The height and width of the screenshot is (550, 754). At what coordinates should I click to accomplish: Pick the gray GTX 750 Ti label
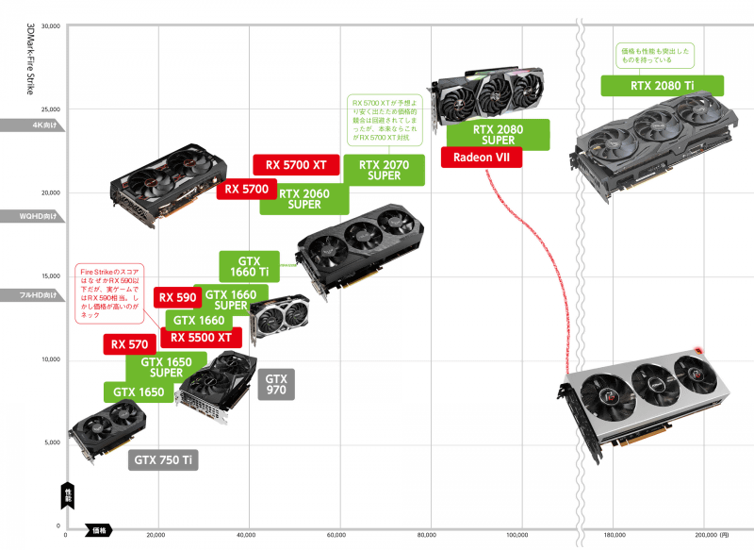coord(164,460)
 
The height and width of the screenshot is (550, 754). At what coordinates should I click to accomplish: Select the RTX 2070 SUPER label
coord(385,169)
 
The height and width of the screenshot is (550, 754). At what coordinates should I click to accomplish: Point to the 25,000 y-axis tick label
coord(47,109)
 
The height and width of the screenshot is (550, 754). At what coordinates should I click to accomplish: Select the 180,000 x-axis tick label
coord(614,535)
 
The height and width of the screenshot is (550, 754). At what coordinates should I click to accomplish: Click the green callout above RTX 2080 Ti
coord(655,55)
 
